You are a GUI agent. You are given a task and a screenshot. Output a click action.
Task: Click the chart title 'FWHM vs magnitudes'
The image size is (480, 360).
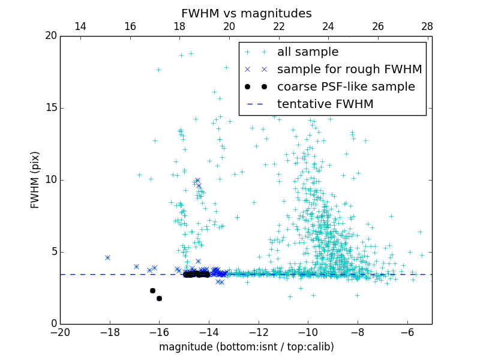click(246, 13)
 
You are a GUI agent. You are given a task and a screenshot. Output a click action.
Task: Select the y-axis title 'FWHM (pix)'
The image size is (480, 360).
click(35, 180)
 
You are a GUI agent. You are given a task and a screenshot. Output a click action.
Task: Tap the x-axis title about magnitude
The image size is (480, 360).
click(246, 347)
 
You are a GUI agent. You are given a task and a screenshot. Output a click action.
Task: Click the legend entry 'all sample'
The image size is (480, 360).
click(307, 52)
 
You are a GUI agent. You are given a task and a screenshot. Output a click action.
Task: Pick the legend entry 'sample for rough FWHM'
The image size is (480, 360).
click(349, 70)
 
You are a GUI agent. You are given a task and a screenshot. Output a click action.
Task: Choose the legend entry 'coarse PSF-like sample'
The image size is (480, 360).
click(346, 87)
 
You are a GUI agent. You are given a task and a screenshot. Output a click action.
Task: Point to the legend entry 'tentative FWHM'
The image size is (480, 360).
click(325, 104)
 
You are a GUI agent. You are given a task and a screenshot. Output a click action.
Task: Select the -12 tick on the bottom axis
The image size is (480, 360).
click(259, 332)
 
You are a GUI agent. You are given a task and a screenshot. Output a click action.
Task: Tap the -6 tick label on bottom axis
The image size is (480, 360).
click(407, 332)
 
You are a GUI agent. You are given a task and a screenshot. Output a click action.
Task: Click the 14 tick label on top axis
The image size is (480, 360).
click(80, 26)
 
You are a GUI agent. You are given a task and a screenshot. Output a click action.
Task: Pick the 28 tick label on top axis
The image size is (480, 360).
click(427, 26)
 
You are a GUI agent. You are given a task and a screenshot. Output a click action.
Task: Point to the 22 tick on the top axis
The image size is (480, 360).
click(278, 26)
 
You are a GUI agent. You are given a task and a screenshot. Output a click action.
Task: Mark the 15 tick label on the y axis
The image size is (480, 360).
click(50, 108)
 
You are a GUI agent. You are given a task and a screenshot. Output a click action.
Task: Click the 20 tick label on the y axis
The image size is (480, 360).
click(50, 36)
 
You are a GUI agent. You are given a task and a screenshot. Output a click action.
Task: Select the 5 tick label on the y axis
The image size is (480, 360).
click(53, 252)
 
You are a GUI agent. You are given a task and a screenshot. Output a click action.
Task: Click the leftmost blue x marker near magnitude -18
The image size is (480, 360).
click(108, 257)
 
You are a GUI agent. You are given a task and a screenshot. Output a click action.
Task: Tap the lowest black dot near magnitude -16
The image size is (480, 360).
click(159, 298)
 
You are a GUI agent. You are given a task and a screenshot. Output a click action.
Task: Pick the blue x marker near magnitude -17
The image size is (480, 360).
click(136, 266)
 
